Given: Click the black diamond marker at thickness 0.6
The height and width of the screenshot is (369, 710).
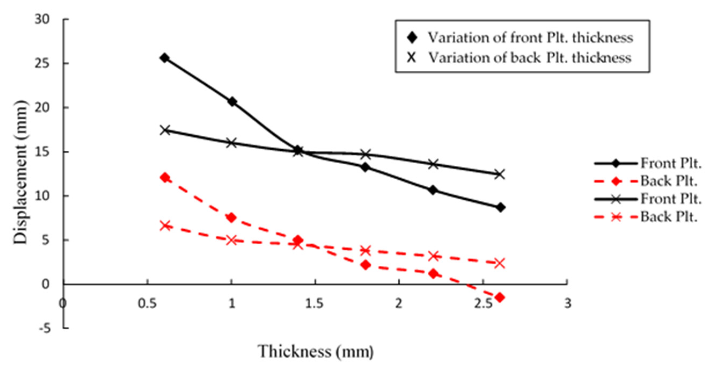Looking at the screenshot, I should click(x=165, y=58).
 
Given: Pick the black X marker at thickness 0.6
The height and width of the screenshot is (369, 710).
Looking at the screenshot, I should click(x=165, y=130).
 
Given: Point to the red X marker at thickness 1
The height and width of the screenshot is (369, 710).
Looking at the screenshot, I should click(x=232, y=240).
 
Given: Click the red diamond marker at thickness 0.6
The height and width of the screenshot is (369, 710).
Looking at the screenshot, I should click(x=165, y=178).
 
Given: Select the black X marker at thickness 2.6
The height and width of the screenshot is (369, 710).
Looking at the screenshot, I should click(x=500, y=174).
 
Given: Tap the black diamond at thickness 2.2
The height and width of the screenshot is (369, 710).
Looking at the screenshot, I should click(x=433, y=190).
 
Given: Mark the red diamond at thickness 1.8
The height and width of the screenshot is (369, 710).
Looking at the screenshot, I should click(x=366, y=265).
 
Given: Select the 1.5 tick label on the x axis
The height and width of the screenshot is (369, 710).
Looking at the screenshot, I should click(x=314, y=303).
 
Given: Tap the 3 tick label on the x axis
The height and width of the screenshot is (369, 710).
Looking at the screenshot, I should click(x=568, y=303).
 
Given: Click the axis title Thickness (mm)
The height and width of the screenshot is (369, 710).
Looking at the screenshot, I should click(x=316, y=352).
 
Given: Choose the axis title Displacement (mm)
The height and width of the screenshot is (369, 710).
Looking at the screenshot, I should click(x=21, y=172).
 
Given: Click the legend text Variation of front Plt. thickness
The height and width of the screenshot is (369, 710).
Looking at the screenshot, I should click(x=530, y=38).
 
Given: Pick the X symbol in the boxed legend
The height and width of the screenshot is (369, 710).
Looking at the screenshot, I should click(x=411, y=58).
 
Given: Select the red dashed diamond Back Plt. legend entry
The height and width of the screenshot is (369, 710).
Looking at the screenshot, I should click(x=645, y=181).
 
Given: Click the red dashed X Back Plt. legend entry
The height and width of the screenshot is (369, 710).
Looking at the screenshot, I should click(x=645, y=217).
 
